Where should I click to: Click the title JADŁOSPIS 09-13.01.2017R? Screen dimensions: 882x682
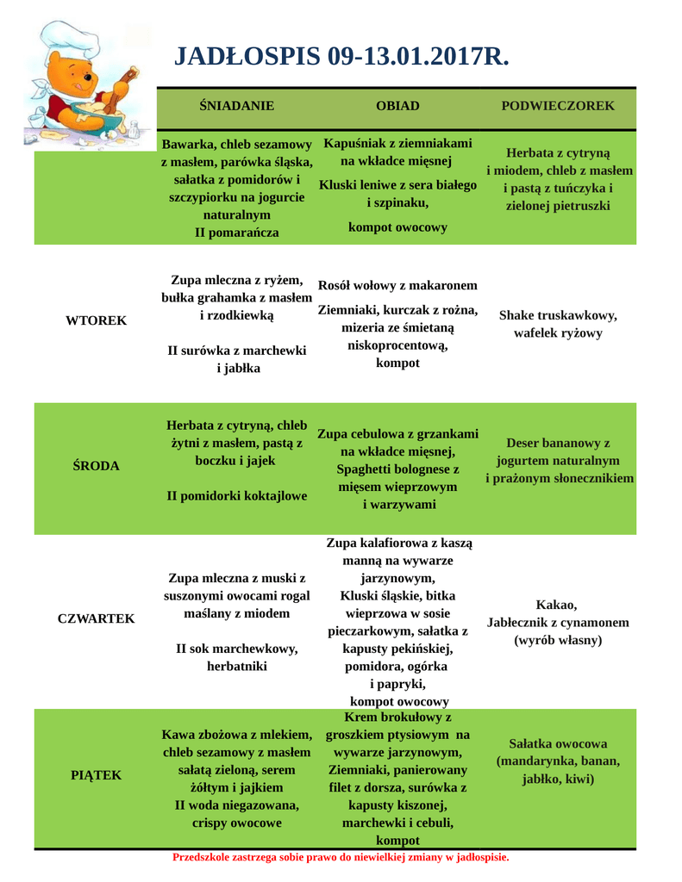(x=341, y=57)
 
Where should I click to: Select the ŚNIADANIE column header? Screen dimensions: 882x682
(x=236, y=106)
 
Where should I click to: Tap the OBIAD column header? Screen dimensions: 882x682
(x=397, y=106)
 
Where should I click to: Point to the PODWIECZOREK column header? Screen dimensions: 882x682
(x=558, y=106)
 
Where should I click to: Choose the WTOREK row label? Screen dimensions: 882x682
(x=96, y=320)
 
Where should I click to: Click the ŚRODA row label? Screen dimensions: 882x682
(x=96, y=466)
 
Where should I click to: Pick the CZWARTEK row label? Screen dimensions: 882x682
(x=96, y=618)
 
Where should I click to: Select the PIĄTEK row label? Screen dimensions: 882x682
(x=96, y=774)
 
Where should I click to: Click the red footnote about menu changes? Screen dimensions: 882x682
(x=341, y=857)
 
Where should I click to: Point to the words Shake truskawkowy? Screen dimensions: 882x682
(x=558, y=315)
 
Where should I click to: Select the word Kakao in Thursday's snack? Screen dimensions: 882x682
(x=557, y=604)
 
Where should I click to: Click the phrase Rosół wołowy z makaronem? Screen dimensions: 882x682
(x=397, y=285)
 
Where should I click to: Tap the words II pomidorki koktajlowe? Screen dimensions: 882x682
(x=236, y=496)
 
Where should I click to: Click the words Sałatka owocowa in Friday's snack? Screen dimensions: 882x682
(x=558, y=743)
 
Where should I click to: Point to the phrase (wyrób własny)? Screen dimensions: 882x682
(x=558, y=641)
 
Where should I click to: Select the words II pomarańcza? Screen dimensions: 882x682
(x=236, y=233)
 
